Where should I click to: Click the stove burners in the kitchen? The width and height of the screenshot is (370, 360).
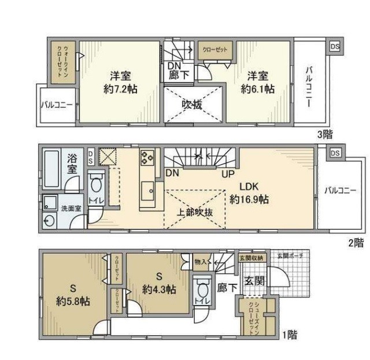[146, 157]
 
